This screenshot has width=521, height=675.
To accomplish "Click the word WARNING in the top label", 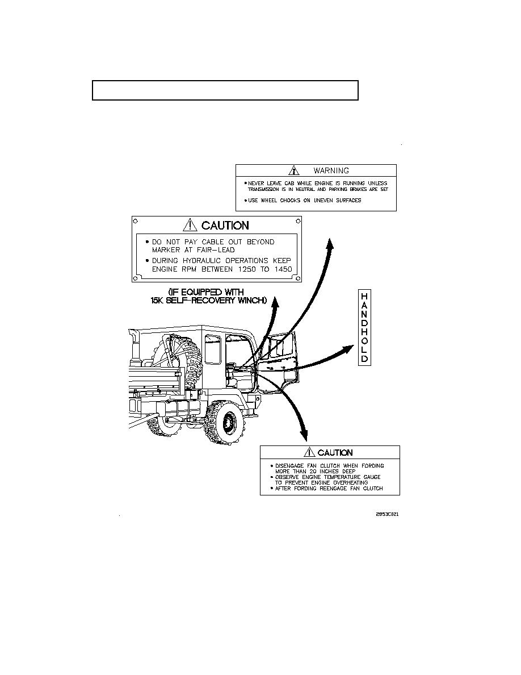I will click(x=331, y=170).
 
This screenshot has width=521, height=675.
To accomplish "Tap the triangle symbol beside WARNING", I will click(x=293, y=170).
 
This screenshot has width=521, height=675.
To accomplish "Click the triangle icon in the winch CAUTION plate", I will click(x=190, y=226).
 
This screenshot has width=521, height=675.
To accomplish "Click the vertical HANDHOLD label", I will click(x=364, y=327).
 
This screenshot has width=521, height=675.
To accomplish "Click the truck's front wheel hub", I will click(x=229, y=423).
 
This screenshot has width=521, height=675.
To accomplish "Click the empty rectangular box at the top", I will click(x=225, y=90).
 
